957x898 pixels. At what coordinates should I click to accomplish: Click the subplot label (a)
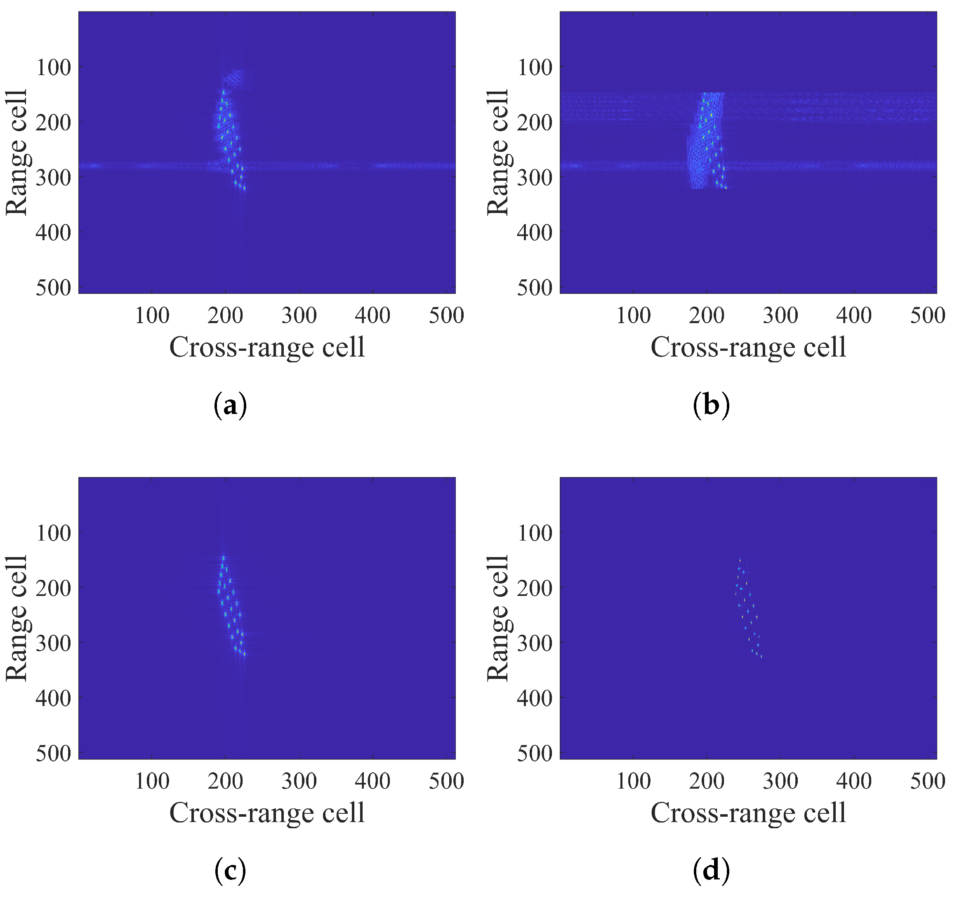pyautogui.click(x=230, y=405)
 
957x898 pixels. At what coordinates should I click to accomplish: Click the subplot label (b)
pyautogui.click(x=711, y=405)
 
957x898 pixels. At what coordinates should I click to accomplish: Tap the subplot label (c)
pyautogui.click(x=230, y=870)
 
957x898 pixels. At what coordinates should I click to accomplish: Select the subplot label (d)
pyautogui.click(x=711, y=870)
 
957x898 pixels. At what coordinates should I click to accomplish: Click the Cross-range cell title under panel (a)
pyautogui.click(x=267, y=347)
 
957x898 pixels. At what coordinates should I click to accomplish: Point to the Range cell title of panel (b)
pyautogui.click(x=498, y=152)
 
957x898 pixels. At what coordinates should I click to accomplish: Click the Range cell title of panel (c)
pyautogui.click(x=17, y=618)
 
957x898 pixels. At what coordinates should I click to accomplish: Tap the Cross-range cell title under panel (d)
pyautogui.click(x=748, y=813)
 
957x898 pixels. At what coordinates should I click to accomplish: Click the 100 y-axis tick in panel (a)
pyautogui.click(x=54, y=67)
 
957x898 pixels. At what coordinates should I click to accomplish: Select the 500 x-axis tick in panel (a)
pyautogui.click(x=446, y=316)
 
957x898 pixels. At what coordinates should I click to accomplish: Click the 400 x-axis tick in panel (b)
pyautogui.click(x=853, y=316)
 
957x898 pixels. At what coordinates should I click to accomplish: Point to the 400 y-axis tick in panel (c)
pyautogui.click(x=54, y=698)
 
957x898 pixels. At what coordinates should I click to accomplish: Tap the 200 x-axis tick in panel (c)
pyautogui.click(x=225, y=781)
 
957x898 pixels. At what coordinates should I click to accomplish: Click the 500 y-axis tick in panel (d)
pyautogui.click(x=535, y=754)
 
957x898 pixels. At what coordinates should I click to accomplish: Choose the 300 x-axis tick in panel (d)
pyautogui.click(x=780, y=781)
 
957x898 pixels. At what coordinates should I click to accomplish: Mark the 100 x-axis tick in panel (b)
pyautogui.click(x=633, y=316)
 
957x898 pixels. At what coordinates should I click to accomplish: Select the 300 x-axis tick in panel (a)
pyautogui.click(x=299, y=316)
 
